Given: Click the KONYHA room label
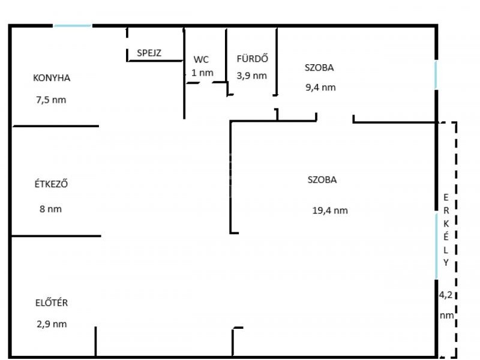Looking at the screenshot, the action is (x=52, y=78).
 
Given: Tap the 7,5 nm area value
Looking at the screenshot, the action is (x=51, y=100).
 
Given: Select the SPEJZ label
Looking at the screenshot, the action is (x=149, y=53).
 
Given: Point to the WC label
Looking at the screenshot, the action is (x=201, y=59).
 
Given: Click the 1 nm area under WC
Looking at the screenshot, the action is (x=202, y=73).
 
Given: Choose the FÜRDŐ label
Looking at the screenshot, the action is (x=252, y=58).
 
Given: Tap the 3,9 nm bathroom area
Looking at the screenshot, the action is (x=251, y=76).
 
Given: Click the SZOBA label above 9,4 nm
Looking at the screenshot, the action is (x=319, y=67).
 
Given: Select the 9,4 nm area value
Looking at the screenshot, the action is (x=320, y=87).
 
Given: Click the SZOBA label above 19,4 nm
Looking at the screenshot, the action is (x=322, y=179).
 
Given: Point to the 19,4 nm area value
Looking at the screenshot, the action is (x=330, y=211).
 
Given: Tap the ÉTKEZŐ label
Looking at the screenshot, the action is (x=51, y=184).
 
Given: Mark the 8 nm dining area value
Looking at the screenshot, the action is (x=50, y=209).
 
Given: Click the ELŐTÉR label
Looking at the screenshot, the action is (x=52, y=302).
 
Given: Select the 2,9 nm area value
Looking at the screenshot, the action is (x=52, y=324).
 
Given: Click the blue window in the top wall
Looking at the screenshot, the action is (x=73, y=26).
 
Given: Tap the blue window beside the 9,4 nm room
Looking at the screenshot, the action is (x=436, y=75).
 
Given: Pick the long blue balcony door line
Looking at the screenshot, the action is (x=436, y=247).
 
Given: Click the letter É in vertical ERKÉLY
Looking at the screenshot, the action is (x=446, y=236).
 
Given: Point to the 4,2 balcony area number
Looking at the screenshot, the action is (x=446, y=295).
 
